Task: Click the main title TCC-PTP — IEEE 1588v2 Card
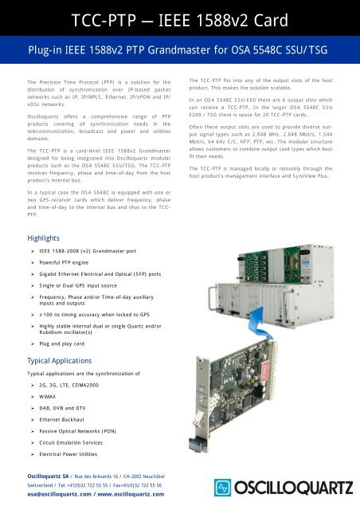pyautogui.click(x=180, y=18)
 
